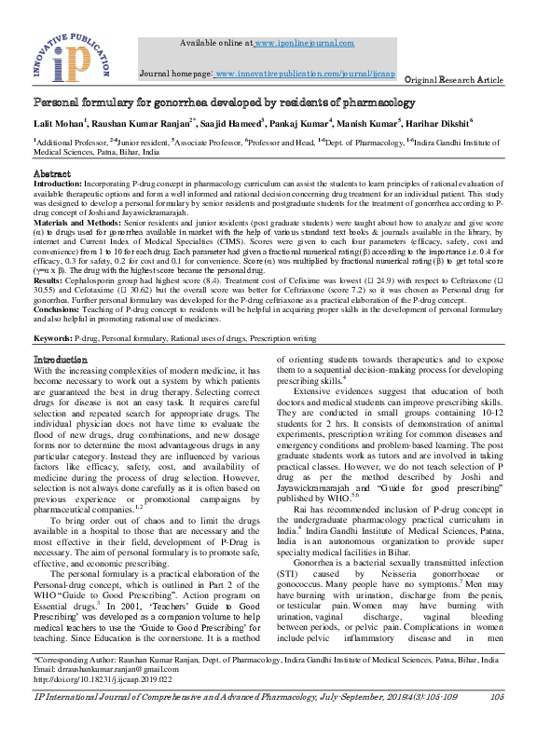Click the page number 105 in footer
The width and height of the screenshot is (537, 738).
pos(495,723)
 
